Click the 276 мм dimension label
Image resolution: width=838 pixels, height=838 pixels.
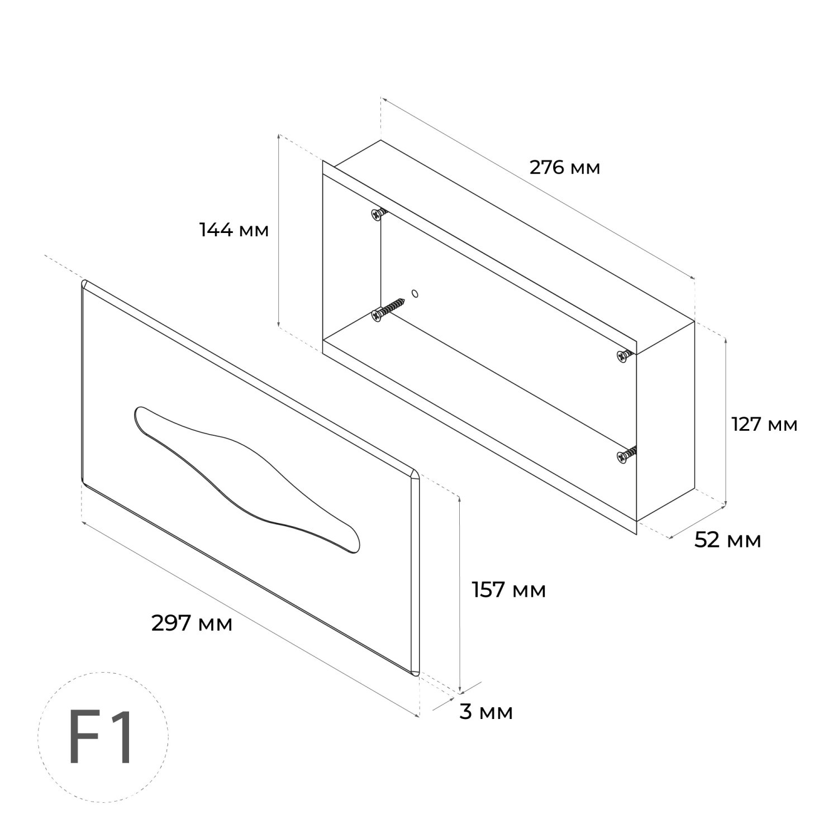[x=565, y=167]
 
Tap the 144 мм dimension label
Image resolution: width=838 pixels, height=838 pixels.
[x=234, y=230]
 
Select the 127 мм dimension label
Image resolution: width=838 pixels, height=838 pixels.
[x=765, y=425]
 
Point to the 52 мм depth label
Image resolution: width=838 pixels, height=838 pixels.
[x=728, y=540]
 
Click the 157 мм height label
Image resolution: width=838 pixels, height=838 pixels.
[x=509, y=589]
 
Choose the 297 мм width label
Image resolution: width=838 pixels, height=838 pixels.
[x=192, y=623]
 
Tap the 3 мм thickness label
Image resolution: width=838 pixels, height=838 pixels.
[x=486, y=712]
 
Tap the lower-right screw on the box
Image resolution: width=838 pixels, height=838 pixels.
[x=626, y=453]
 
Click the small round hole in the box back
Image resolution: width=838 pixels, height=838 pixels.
[x=415, y=293]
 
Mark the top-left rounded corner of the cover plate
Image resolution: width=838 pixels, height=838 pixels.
[x=85, y=284]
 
